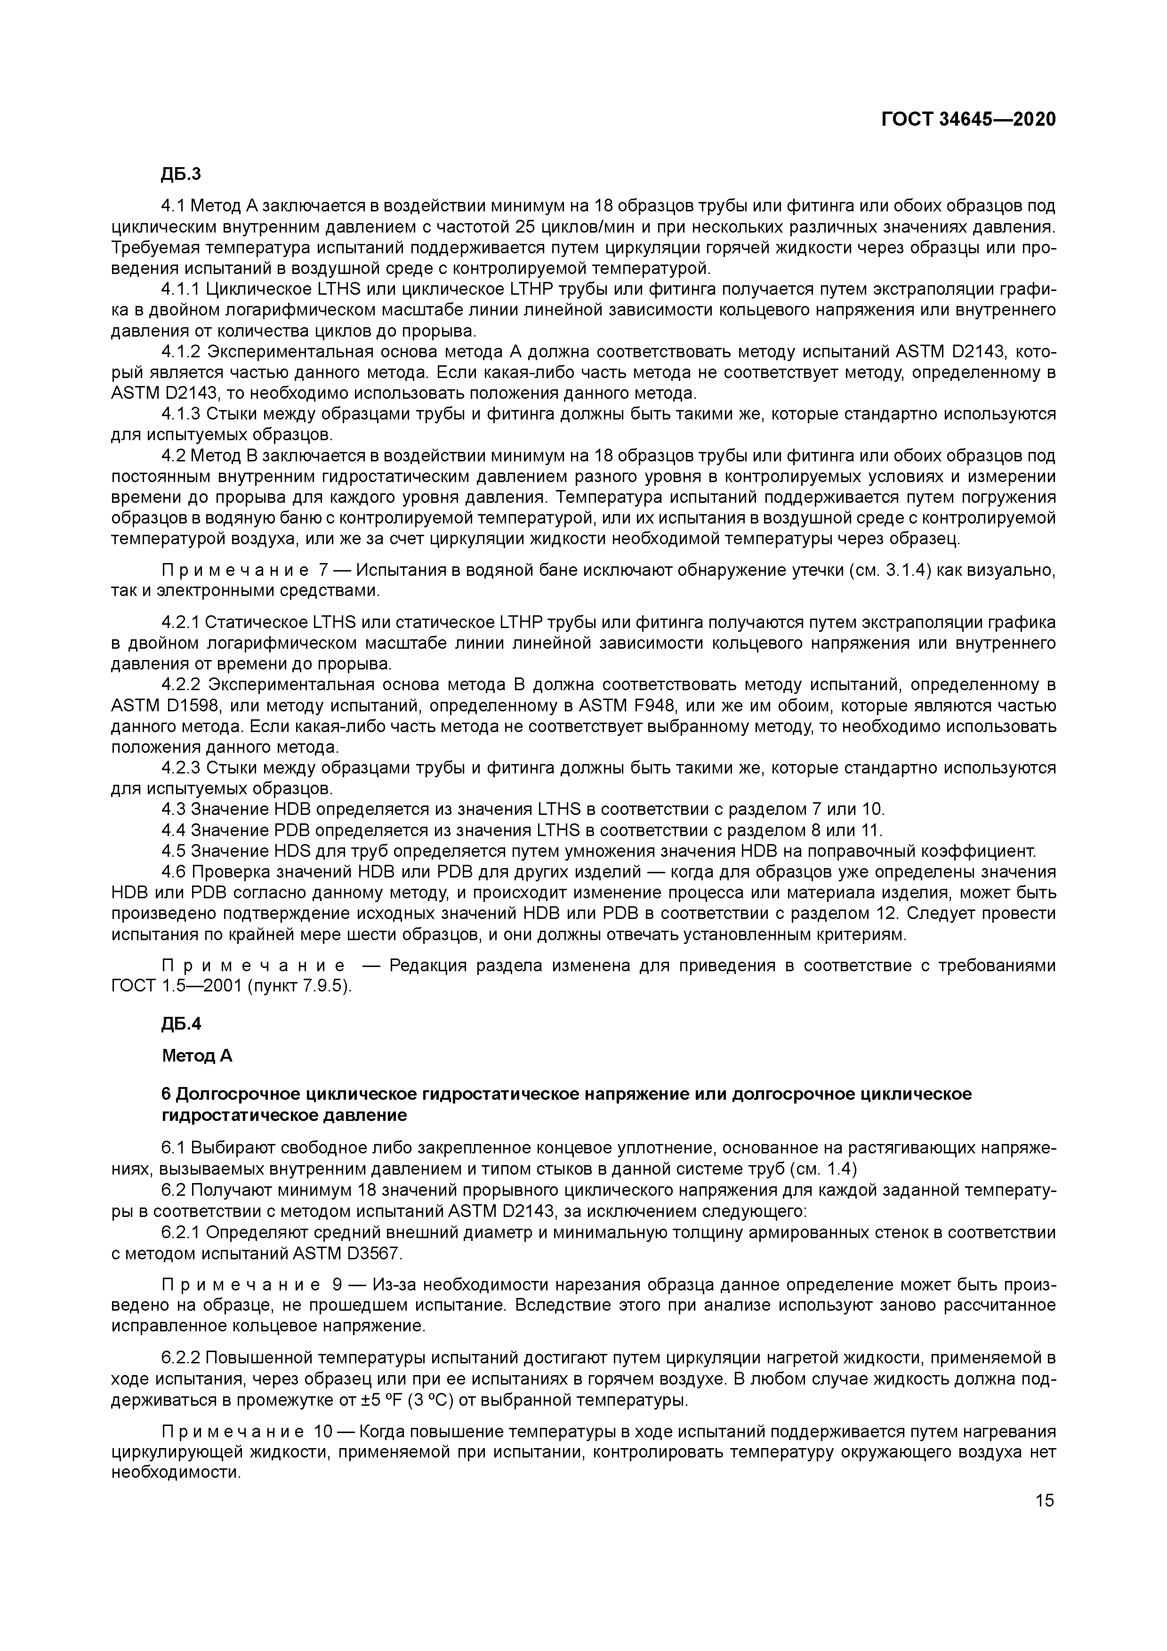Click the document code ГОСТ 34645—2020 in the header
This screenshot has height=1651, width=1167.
tap(968, 120)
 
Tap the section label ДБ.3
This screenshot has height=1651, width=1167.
tap(182, 174)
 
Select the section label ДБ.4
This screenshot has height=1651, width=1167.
tap(182, 1023)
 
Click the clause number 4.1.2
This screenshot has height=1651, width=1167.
tap(181, 352)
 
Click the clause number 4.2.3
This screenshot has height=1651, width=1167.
tap(181, 768)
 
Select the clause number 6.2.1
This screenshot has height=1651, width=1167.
tap(181, 1232)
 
